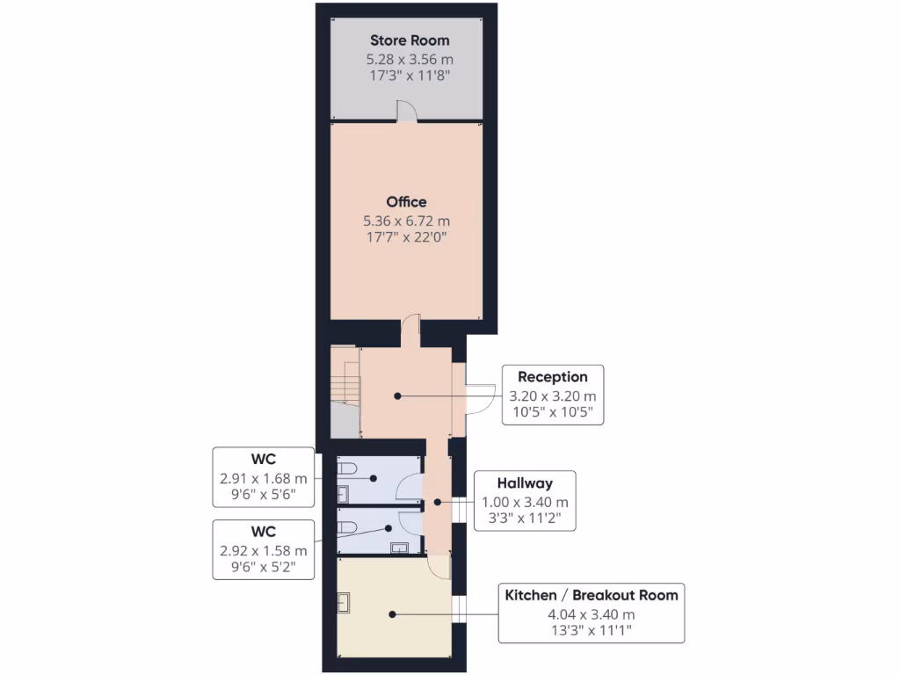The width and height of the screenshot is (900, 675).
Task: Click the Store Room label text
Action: [x=409, y=40]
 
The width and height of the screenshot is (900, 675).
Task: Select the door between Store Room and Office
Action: [x=407, y=111]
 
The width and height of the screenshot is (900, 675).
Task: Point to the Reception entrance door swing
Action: [x=479, y=398]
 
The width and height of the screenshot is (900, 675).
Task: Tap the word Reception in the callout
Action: [x=552, y=377]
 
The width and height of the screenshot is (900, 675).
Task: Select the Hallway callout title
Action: [x=524, y=483]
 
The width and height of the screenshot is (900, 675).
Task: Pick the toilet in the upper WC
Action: [x=348, y=468]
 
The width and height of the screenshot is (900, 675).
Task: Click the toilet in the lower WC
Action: [x=348, y=526]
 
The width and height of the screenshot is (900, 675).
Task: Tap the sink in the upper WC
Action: [x=344, y=493]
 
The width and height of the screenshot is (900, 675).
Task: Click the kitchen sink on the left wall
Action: [x=344, y=603]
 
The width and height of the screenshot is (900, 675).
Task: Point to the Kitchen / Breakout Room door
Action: [x=437, y=567]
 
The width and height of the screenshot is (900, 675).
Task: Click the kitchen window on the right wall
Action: [x=458, y=609]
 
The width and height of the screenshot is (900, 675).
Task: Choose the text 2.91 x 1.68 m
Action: [x=264, y=479]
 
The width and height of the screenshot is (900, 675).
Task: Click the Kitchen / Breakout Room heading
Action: [x=591, y=595]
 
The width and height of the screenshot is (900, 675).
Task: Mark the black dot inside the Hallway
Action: [x=437, y=503]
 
